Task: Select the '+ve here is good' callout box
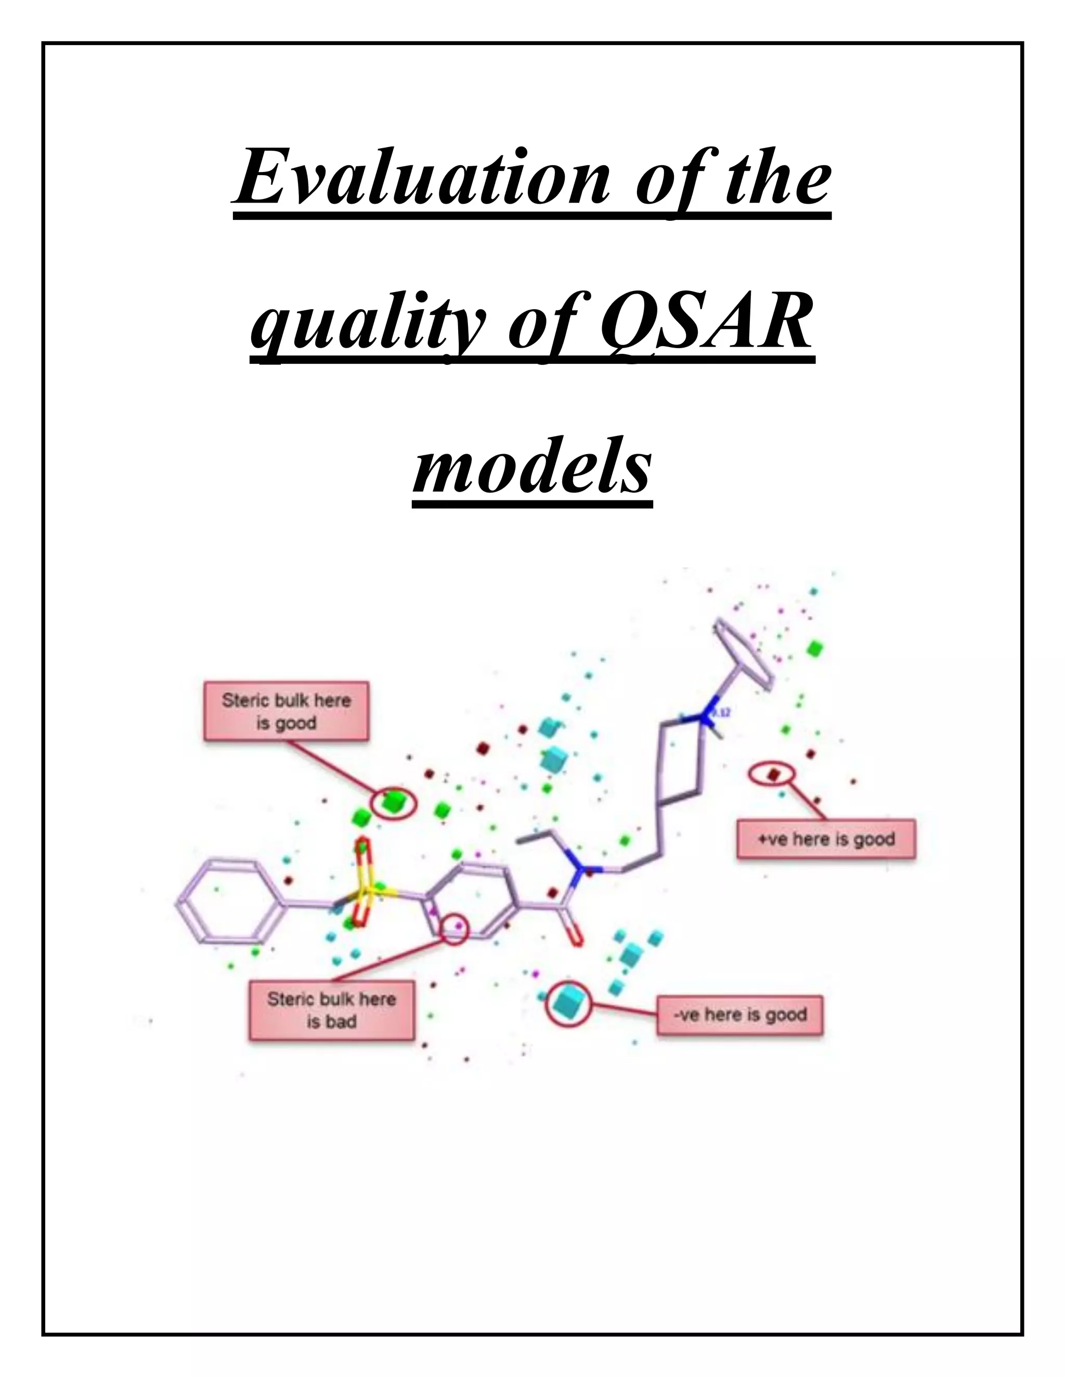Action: coord(825,839)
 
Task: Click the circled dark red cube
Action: coord(774,774)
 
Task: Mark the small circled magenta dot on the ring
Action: coord(459,925)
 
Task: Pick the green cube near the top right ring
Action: coord(816,647)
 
